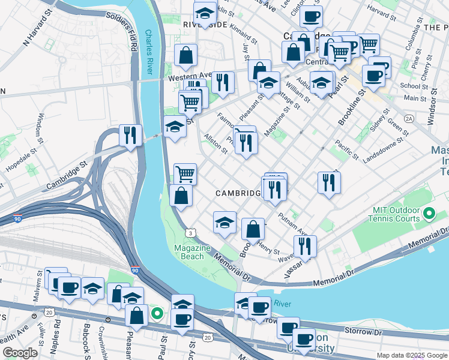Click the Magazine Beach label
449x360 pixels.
(192, 252)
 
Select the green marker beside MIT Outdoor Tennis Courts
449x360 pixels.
(429, 214)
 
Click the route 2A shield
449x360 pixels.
(409, 118)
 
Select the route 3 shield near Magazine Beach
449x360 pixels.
(190, 232)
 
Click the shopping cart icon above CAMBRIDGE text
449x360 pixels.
(185, 174)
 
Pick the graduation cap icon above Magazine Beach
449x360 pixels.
(224, 222)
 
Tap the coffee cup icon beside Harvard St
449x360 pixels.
(310, 16)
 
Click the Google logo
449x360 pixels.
(20, 353)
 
